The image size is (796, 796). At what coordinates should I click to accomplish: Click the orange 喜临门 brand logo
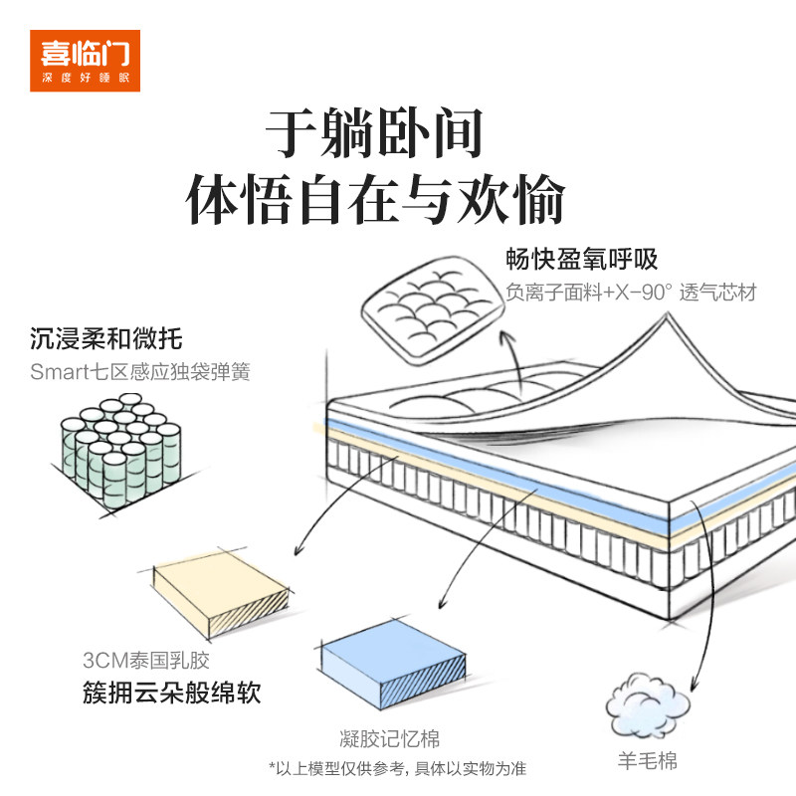click(x=85, y=61)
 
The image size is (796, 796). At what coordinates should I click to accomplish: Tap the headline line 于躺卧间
click(x=374, y=133)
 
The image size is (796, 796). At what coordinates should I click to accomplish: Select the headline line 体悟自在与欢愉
click(x=375, y=199)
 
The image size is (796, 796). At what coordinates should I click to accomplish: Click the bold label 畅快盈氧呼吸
click(x=582, y=259)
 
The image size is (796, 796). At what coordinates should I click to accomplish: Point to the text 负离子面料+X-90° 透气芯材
click(x=631, y=292)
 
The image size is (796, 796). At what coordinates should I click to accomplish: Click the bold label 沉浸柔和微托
click(x=105, y=338)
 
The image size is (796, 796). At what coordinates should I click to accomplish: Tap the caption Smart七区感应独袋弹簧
click(x=140, y=371)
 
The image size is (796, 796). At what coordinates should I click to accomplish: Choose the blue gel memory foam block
click(x=393, y=664)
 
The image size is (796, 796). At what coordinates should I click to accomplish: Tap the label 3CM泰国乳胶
click(x=146, y=660)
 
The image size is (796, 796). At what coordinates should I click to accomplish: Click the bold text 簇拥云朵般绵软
click(x=171, y=692)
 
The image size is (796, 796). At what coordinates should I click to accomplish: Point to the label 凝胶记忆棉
click(x=389, y=738)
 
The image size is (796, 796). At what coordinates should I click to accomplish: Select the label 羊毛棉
click(x=648, y=761)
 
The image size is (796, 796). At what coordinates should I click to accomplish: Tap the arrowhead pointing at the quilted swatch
click(x=505, y=337)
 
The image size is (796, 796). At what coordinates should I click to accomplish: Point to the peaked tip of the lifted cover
click(x=667, y=314)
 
